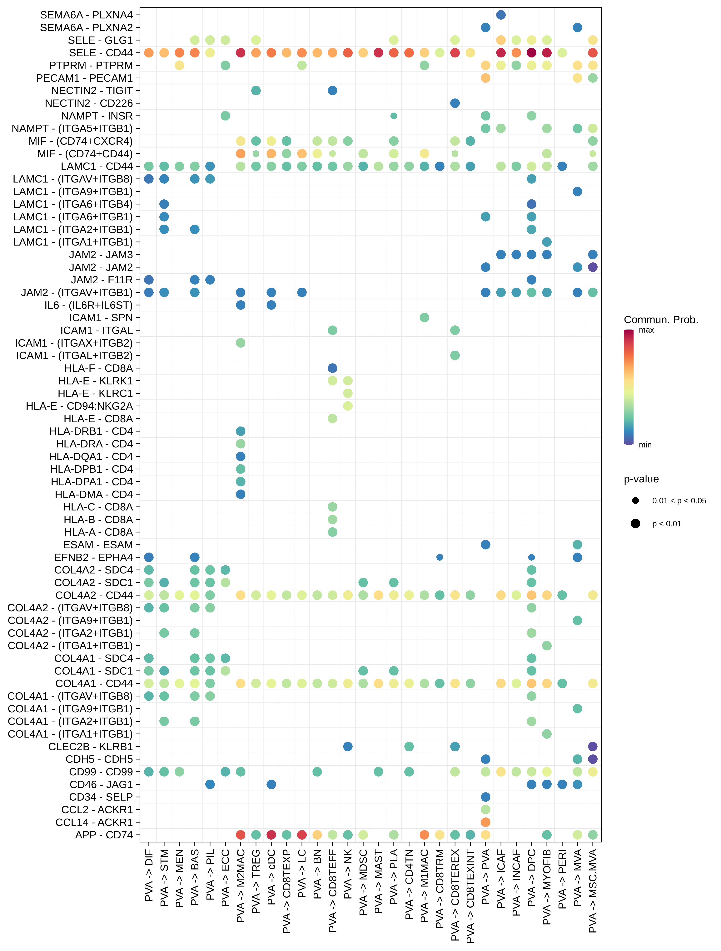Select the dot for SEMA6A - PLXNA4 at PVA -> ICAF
pos(501,15)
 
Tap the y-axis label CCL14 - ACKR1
pos(94,822)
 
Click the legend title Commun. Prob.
pos(661,320)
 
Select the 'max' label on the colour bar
pos(646,330)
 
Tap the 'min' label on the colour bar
pos(645,445)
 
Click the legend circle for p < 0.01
pos(635,524)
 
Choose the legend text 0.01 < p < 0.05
pos(679,501)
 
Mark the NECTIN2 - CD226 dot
pos(455,103)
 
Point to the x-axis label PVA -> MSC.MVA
pos(593,891)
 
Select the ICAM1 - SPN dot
pos(424,318)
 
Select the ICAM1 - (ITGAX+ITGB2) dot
pos(241,343)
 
